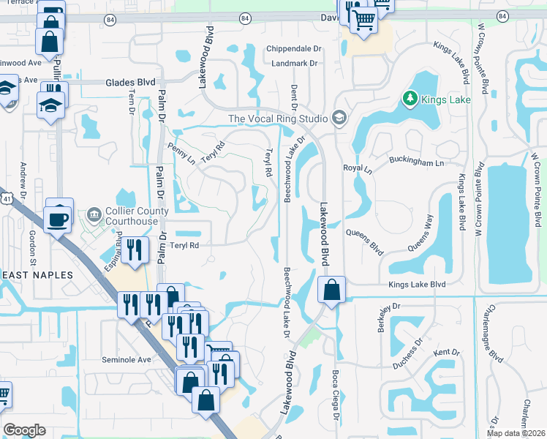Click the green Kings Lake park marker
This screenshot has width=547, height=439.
point(410,98)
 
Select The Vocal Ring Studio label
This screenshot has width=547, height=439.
point(278,118)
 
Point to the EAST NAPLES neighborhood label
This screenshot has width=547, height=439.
point(37,274)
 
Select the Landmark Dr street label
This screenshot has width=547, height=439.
point(293,64)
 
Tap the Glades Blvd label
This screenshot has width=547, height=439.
point(131,83)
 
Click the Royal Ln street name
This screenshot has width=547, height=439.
point(358,168)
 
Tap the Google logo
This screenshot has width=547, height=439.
point(24,430)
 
